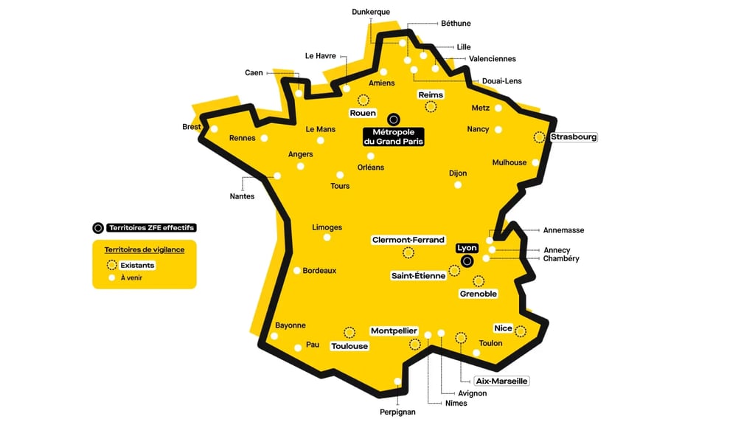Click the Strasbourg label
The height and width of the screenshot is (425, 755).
point(574,137)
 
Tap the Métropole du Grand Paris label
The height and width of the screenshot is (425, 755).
point(393,137)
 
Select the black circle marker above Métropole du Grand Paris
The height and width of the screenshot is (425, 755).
point(394,118)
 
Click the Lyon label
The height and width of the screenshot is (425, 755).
point(467,248)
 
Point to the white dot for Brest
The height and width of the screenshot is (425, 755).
point(215,129)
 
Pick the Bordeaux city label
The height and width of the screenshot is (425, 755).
point(319,271)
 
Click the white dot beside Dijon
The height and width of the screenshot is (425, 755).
point(458,184)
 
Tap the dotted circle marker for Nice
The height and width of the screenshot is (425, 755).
point(521,331)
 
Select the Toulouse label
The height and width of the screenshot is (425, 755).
point(349,346)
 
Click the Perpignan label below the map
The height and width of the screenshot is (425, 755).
point(398,411)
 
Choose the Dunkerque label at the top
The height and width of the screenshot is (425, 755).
point(371,12)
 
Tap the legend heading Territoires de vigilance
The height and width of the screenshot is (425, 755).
point(145,249)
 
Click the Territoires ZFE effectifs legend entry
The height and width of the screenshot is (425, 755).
point(150,227)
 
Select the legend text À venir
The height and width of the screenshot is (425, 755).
point(131,279)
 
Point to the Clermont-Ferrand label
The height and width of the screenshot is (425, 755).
point(408,240)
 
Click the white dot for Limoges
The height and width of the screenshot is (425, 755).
point(327,238)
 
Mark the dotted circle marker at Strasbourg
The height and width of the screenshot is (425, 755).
point(540,137)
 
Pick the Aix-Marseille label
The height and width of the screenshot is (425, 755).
point(502,381)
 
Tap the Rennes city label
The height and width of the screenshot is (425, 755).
point(243,138)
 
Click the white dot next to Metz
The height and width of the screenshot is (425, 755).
point(499,108)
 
